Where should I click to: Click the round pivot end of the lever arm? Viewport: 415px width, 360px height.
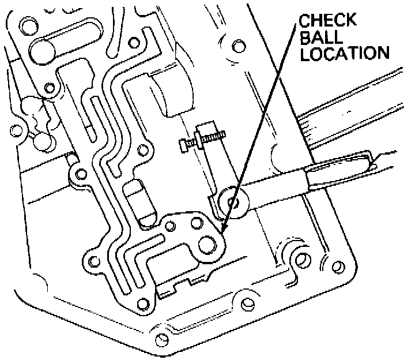233,201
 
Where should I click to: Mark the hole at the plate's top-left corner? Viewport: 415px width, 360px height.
28,26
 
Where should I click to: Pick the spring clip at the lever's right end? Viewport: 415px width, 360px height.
346,167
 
